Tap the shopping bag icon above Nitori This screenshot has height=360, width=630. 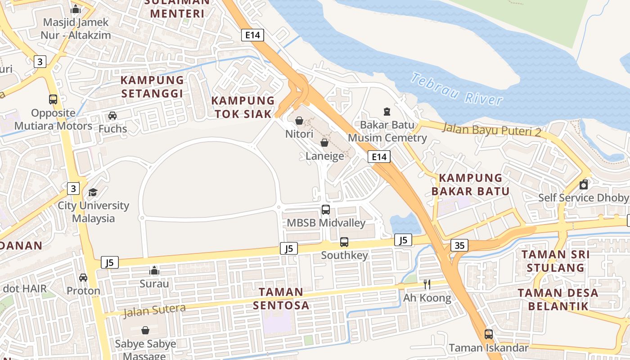point(299,121)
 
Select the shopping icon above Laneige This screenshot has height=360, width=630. point(324,143)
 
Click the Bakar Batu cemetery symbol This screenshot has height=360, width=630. point(387,111)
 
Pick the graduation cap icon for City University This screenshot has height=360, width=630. point(93,192)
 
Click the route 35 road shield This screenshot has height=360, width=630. point(459,245)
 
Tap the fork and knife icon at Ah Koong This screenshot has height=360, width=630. point(427,284)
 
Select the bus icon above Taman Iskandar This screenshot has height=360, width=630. point(488,334)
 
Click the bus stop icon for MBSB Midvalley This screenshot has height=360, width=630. point(326,209)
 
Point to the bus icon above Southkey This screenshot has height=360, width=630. point(344,242)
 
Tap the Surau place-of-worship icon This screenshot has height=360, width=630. point(154,270)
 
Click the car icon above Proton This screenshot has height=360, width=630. point(83,278)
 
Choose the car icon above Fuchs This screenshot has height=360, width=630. point(112,116)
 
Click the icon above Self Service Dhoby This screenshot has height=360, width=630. point(584,184)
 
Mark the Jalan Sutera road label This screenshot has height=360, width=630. point(154,310)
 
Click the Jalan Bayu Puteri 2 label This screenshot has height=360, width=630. point(492,129)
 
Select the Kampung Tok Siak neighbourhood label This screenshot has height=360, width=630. point(243,107)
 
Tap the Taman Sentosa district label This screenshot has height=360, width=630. point(281,298)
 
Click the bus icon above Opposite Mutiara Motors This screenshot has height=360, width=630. point(53,99)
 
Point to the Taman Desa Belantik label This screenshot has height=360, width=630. point(558,300)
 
